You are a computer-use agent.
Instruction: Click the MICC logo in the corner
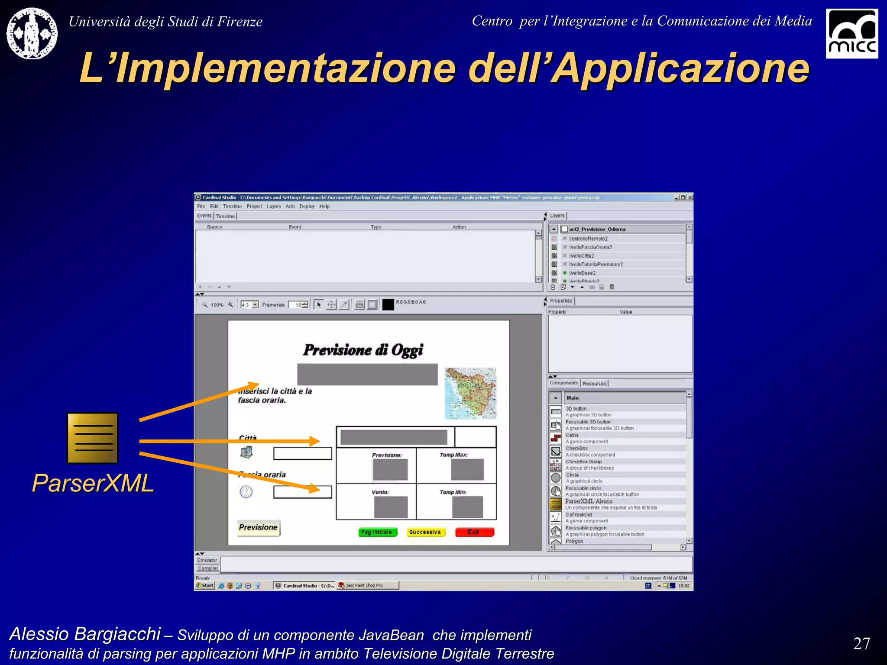point(851,34)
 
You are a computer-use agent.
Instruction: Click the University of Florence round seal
point(32,33)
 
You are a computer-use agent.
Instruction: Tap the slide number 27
point(861,643)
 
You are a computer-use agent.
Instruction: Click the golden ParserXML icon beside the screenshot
point(93,438)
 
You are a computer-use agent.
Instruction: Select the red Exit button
point(474,532)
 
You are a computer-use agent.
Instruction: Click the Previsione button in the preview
point(258,527)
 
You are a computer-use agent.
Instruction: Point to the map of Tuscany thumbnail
point(470,393)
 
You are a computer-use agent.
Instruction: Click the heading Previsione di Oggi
point(363,350)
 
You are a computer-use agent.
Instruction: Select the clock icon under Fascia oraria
point(246,492)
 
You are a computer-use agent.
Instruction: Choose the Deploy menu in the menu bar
point(307,207)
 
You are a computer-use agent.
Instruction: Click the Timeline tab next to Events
point(225,216)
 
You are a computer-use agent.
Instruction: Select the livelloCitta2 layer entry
point(581,256)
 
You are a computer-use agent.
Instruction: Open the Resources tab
point(594,384)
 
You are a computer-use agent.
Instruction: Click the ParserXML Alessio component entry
point(589,501)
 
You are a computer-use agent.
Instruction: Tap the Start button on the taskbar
point(205,585)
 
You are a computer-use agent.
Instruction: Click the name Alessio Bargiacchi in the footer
point(85,634)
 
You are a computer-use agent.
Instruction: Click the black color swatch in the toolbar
point(388,304)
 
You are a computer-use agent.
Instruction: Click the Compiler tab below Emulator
point(208,568)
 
